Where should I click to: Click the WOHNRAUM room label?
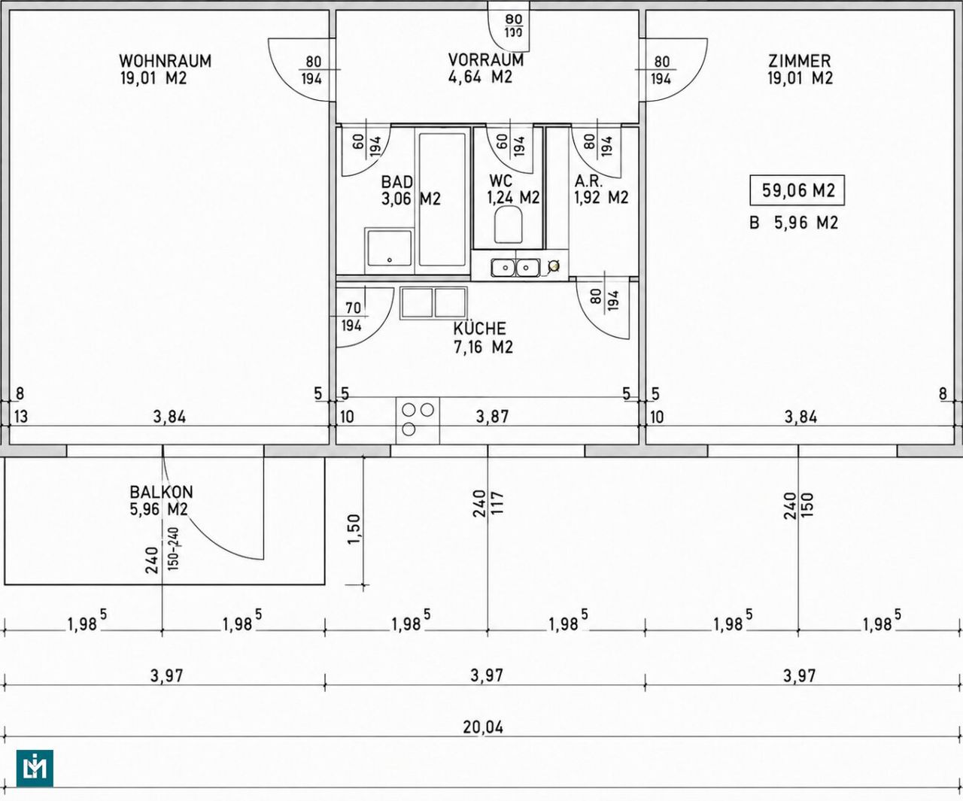click(165, 61)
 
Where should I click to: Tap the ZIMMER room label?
click(799, 61)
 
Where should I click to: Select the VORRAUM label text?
click(486, 60)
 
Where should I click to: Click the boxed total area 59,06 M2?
click(797, 190)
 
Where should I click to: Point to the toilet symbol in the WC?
click(508, 225)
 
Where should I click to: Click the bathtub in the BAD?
click(442, 199)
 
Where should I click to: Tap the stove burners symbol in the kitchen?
click(418, 419)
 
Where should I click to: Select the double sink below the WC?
click(515, 267)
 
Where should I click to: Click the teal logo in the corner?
click(35, 768)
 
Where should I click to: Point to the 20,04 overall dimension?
click(483, 727)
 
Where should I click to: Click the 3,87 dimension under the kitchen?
click(493, 417)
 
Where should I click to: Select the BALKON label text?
click(161, 492)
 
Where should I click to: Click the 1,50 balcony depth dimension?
click(354, 529)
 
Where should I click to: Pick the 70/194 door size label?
click(352, 317)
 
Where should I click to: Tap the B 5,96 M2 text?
click(793, 223)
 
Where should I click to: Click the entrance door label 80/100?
click(513, 26)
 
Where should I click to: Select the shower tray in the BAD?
click(389, 250)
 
